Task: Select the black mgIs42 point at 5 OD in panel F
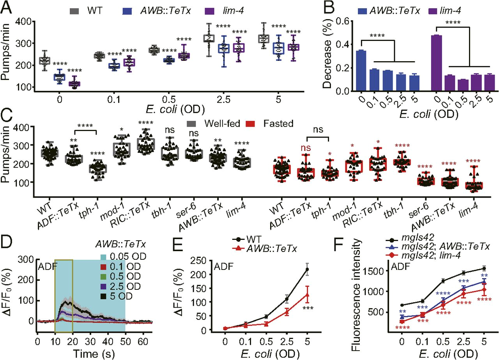(484, 268)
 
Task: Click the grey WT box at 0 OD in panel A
(45, 61)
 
